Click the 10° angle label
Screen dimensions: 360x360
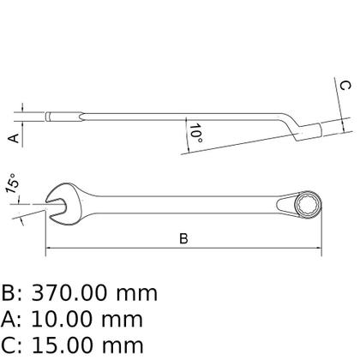(x=196, y=134)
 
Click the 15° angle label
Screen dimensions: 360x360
(x=13, y=183)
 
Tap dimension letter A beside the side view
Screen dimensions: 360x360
(x=14, y=139)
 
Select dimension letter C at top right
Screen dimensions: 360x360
(x=345, y=86)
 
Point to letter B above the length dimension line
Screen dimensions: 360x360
(x=183, y=238)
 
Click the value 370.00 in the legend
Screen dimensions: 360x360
(x=69, y=293)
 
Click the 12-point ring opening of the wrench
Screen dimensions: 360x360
(x=308, y=205)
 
